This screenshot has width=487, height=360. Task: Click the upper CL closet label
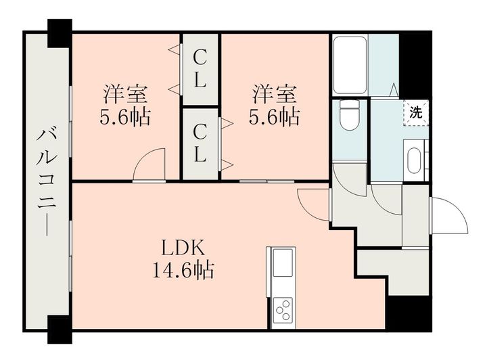(x=200, y=70)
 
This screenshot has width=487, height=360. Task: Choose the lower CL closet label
(x=200, y=143)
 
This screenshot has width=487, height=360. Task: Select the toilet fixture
(x=350, y=116)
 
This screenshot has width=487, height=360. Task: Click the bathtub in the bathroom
(x=350, y=66)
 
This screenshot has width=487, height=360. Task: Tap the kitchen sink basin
(x=282, y=261)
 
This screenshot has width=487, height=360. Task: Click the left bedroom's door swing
(x=150, y=166)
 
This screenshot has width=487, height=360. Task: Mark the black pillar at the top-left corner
(x=60, y=32)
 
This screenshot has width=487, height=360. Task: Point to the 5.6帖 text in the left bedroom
(x=126, y=118)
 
